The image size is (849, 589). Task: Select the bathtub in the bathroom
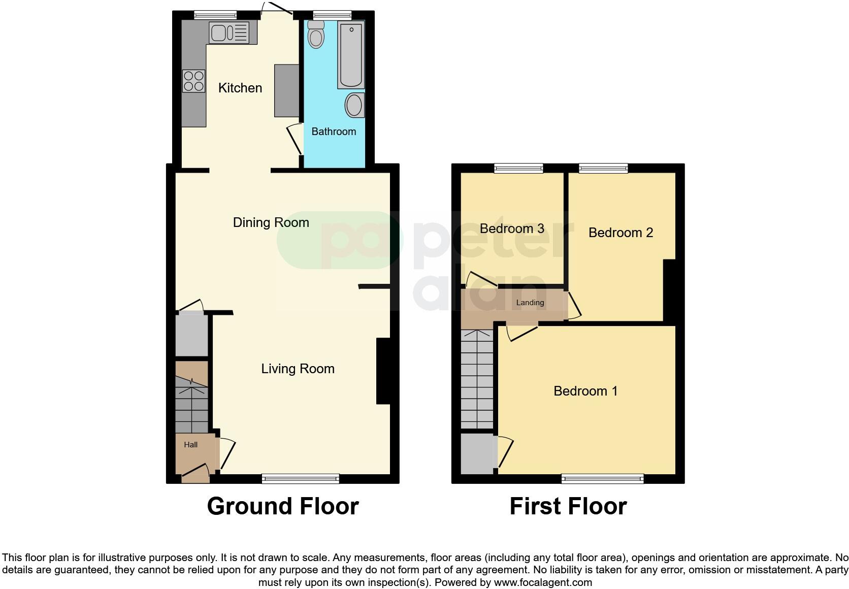coord(351,54)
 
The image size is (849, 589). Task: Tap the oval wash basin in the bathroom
coord(354,106)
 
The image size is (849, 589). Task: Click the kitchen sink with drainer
coord(228,33)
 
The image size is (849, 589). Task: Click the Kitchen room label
coord(240,88)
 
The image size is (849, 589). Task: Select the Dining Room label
coord(271,222)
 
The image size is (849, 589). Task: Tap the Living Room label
coord(298,369)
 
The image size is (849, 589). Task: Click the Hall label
coord(191,445)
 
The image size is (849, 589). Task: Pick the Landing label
coord(530,303)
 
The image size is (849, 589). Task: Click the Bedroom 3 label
coord(512,228)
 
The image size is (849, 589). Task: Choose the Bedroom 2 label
coord(621,233)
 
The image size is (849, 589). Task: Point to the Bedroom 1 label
coord(585,391)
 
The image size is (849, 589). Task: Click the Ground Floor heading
coord(283,506)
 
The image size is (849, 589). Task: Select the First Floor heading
coord(568,506)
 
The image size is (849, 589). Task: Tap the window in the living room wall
coord(300,478)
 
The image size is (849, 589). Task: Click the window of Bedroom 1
coord(602,478)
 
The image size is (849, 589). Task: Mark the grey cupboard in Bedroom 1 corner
coord(478,453)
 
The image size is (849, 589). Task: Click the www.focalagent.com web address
coord(543,582)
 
